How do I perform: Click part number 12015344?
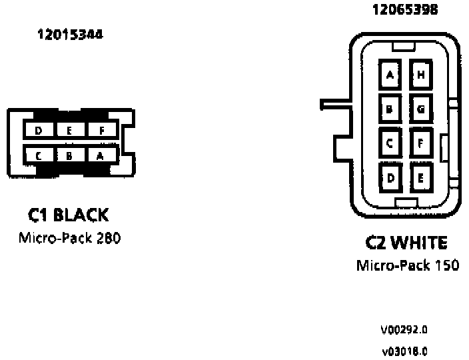70,35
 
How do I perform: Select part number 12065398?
404,11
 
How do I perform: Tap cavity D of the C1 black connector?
39,131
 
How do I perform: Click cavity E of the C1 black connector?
69,131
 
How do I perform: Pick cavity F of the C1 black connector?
102,131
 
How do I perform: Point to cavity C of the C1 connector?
39,156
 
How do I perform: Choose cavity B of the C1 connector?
69,156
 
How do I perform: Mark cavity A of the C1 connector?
101,156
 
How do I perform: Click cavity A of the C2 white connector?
390,75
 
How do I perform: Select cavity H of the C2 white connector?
421,75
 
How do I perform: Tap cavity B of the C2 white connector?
390,107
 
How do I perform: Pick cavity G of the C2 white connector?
421,107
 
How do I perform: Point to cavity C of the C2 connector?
390,142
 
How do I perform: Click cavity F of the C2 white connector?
421,142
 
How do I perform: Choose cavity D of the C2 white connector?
390,177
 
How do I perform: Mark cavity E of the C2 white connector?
421,177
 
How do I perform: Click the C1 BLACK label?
68,215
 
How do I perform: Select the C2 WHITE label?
406,243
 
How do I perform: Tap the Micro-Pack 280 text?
69,238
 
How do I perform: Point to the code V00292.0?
404,329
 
